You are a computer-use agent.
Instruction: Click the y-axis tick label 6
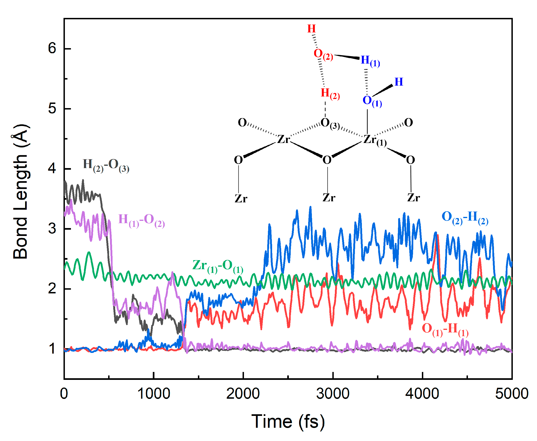click(52, 48)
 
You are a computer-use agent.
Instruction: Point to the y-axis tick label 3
click(52, 228)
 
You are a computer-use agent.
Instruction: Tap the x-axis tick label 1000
click(153, 394)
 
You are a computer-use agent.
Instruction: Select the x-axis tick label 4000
click(422, 394)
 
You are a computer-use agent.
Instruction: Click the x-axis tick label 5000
click(511, 394)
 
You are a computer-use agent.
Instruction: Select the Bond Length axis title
click(21, 192)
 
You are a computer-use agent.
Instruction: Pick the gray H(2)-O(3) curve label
click(106, 165)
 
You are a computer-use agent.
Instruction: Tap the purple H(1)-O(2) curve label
click(141, 220)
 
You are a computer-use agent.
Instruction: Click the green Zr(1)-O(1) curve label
click(217, 266)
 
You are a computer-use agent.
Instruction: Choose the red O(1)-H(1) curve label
click(445, 329)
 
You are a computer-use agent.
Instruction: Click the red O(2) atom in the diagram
click(323, 54)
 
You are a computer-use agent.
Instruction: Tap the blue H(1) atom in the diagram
click(370, 61)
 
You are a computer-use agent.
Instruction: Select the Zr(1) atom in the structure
click(375, 140)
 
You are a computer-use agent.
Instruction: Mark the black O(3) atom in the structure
click(330, 123)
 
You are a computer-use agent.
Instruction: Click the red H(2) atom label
click(330, 94)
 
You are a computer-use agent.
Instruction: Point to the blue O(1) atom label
click(372, 101)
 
